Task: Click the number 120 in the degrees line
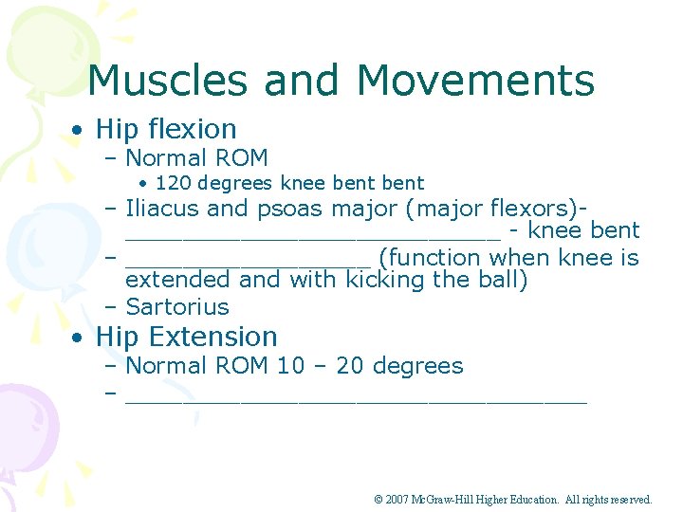pos(173,183)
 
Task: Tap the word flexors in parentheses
pos(531,209)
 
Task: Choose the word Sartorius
pos(177,307)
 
